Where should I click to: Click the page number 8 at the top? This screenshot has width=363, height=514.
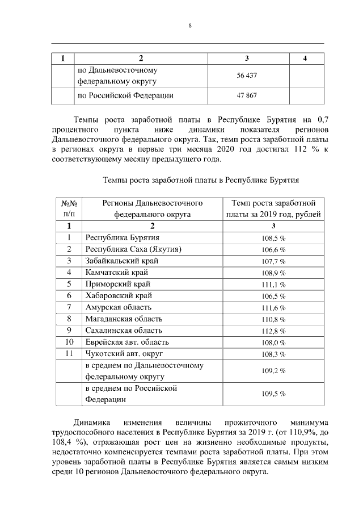click(190, 26)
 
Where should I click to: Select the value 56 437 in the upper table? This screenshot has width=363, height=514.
click(247, 76)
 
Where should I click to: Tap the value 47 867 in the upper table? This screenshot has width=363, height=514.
click(247, 95)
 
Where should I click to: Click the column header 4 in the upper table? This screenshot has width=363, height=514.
click(306, 58)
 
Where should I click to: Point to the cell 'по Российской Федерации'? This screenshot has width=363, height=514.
click(125, 95)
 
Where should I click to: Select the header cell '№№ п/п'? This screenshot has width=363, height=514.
click(69, 208)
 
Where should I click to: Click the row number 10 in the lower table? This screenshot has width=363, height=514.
click(69, 342)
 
